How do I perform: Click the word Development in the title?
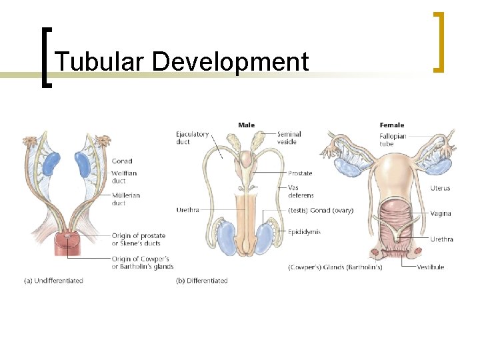[x=231, y=62]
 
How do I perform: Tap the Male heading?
[x=246, y=125]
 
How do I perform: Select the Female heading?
[x=391, y=125]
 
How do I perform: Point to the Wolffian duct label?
[x=124, y=177]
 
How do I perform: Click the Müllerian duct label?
[x=125, y=199]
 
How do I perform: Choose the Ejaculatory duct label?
[x=192, y=137]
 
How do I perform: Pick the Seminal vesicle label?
[x=289, y=137]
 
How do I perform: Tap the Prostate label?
[x=300, y=173]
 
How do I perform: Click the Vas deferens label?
[x=301, y=191]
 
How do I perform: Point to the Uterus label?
[x=440, y=188]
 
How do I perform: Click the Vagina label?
[x=441, y=213]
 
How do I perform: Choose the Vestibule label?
[x=430, y=267]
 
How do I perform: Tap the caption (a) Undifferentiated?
[x=53, y=281]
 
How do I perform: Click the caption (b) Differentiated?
[x=201, y=281]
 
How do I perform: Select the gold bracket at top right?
[x=439, y=41]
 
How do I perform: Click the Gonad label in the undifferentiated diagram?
[x=122, y=161]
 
